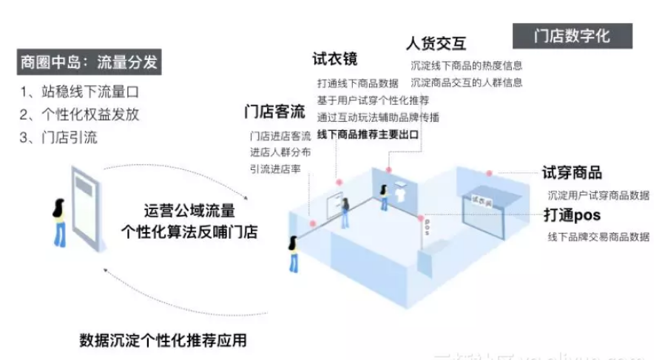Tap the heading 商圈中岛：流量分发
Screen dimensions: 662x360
coord(89,62)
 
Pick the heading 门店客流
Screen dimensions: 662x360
coord(274,112)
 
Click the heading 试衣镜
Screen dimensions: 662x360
coord(335,59)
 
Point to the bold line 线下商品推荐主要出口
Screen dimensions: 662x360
coord(368,135)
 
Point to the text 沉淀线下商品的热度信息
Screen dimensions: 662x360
coord(466,65)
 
